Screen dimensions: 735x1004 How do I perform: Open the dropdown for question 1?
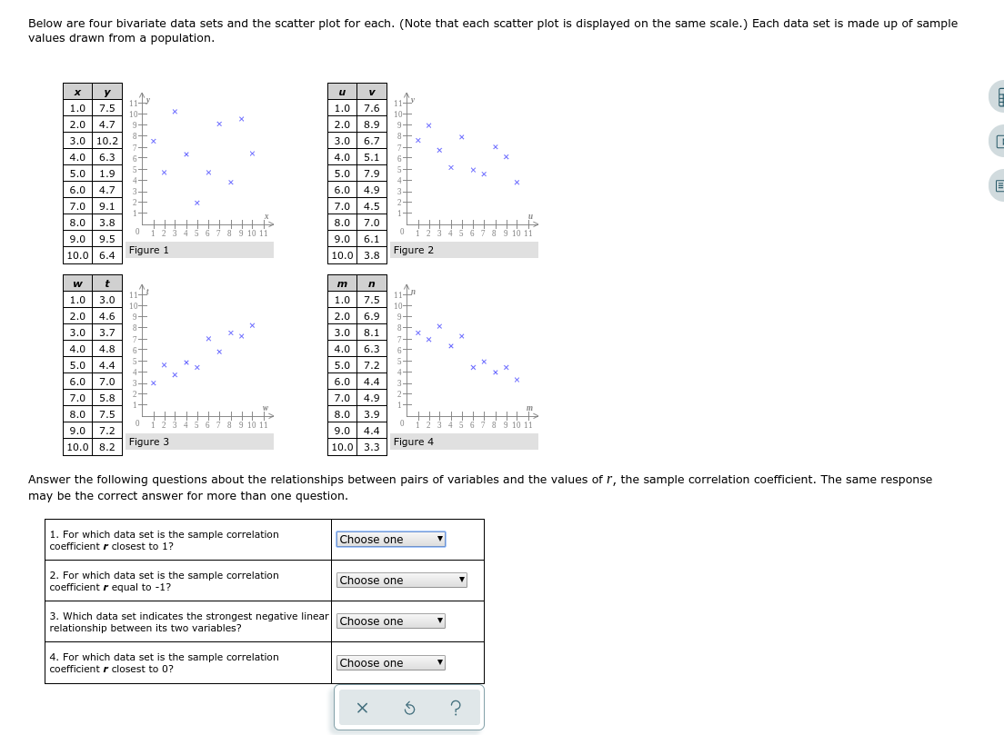coord(390,540)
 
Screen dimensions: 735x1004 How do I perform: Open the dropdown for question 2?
coord(401,581)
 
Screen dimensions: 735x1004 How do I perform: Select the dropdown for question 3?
coord(390,621)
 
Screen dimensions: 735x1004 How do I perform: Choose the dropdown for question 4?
coord(390,663)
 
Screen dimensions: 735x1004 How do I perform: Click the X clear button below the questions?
coord(362,708)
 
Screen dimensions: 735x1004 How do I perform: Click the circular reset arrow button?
coord(409,708)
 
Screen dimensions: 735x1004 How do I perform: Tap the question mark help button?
coord(456,708)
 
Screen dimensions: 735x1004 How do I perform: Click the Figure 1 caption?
coord(149,250)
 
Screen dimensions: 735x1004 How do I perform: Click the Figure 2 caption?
coord(414,250)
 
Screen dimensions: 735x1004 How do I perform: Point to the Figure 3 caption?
coord(149,442)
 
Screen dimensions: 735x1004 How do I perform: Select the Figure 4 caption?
coord(414,442)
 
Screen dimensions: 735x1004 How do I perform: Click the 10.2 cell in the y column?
coord(107,141)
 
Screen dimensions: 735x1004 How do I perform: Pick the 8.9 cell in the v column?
coord(371,124)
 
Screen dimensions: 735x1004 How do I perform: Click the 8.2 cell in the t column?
coord(107,447)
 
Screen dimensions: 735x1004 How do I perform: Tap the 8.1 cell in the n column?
coord(371,333)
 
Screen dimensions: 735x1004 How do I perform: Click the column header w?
coord(78,283)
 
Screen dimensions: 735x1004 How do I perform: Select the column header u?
coord(342,92)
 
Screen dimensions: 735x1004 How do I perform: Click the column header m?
coord(342,283)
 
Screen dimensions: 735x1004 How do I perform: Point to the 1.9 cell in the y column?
coord(107,174)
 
